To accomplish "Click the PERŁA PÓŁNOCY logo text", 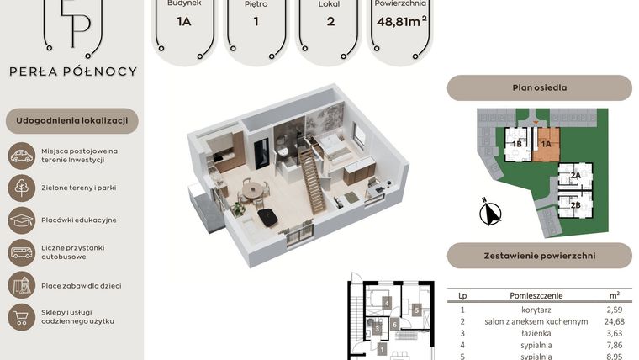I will click(x=72, y=71).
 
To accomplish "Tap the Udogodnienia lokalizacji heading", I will click(x=72, y=121).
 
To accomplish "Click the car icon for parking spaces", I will click(x=21, y=155).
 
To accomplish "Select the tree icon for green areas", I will click(x=21, y=188).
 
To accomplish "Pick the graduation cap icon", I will click(x=21, y=220).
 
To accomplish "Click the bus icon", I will click(x=21, y=251).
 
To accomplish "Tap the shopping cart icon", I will click(x=21, y=316).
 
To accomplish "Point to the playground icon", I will click(x=21, y=284).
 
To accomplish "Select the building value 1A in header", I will click(x=184, y=21).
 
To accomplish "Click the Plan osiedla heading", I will click(x=539, y=87).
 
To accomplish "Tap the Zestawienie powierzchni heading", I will click(x=539, y=255).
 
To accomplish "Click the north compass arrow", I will click(x=488, y=213).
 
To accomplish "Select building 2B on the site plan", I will click(x=576, y=204).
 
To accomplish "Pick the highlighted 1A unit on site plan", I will click(x=547, y=144).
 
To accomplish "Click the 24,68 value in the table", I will click(x=614, y=321).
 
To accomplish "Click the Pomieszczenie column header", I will click(x=536, y=296).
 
